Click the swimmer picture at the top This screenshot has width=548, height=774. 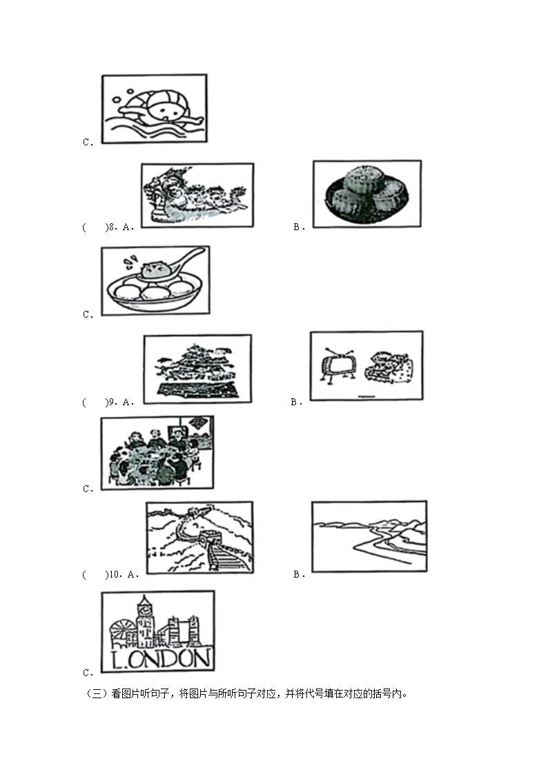click(x=154, y=109)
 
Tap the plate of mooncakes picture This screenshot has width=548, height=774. click(x=366, y=194)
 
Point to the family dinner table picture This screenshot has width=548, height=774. click(x=157, y=453)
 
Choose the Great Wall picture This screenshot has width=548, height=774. click(x=199, y=538)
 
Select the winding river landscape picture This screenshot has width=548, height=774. click(x=369, y=536)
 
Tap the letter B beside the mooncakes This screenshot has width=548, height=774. click(x=296, y=227)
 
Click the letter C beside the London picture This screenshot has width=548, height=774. click(x=87, y=673)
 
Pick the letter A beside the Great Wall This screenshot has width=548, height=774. click(x=132, y=574)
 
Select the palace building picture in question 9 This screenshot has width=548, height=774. click(x=197, y=369)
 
